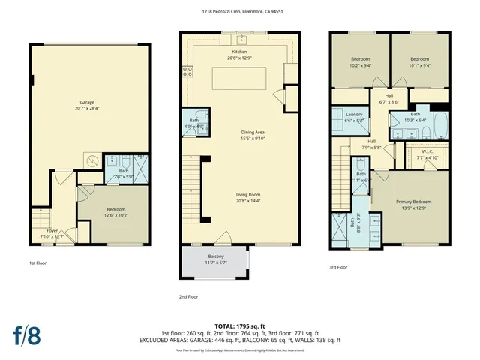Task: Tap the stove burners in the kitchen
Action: click(x=187, y=72)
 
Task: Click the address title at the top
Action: click(x=240, y=12)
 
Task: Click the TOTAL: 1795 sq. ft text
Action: click(x=239, y=325)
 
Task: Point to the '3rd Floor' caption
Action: click(x=337, y=267)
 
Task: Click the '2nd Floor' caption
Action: click(x=189, y=296)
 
